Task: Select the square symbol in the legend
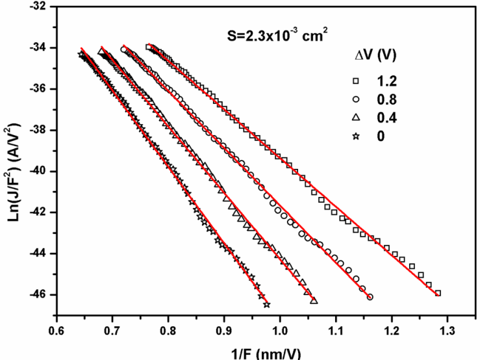tap(356, 81)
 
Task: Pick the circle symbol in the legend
tap(356, 99)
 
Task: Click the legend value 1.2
tap(388, 81)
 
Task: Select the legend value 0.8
tap(388, 99)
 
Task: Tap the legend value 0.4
tap(388, 118)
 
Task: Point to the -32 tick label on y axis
tap(38, 7)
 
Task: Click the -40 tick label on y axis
tap(38, 171)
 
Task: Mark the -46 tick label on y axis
tap(38, 294)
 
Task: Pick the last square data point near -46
tap(438, 293)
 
